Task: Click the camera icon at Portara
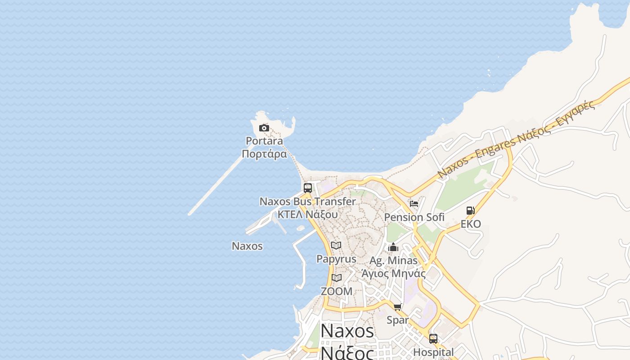point(264,128)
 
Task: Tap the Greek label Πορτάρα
point(264,154)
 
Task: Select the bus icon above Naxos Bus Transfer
point(308,188)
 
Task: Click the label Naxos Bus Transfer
point(308,202)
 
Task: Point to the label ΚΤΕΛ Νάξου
point(308,214)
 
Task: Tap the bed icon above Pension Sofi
point(414,204)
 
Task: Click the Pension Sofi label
point(414,217)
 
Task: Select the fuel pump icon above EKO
point(470,210)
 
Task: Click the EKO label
point(471,224)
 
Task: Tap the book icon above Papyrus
point(336,246)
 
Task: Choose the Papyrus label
point(336,259)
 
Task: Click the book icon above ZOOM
point(337,278)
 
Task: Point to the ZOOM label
point(337,291)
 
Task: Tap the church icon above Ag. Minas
point(393,247)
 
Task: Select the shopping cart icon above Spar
point(398,307)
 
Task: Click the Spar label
point(398,320)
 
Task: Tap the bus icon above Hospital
point(433,338)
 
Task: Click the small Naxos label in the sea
point(247,246)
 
